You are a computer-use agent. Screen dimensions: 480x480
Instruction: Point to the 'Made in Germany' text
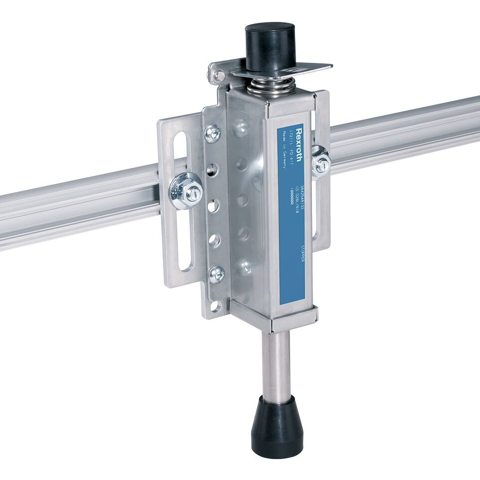[283, 149]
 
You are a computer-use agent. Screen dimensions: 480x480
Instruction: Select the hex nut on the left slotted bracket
[187, 189]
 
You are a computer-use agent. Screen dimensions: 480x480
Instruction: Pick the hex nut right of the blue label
[321, 162]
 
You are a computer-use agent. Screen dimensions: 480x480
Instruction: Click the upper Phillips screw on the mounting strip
[213, 133]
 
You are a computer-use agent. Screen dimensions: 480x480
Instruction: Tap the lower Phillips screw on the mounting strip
[216, 274]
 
